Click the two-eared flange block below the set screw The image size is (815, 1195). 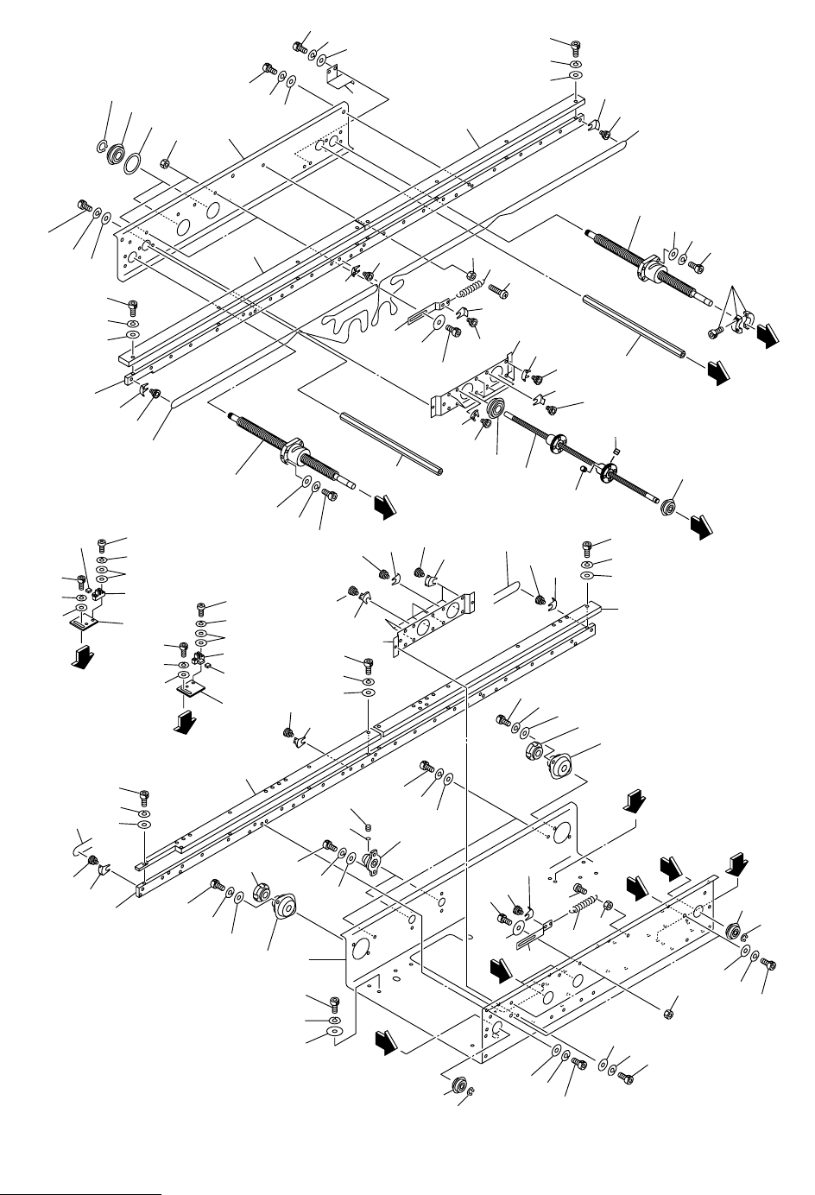tap(374, 860)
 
